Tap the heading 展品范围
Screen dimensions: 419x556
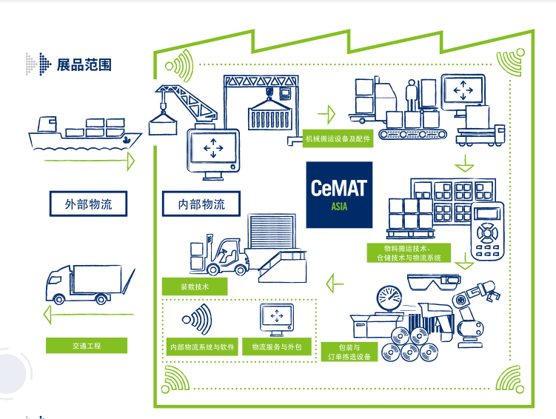click(x=84, y=64)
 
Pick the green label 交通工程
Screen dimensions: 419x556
click(x=87, y=345)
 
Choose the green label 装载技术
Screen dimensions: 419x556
click(x=195, y=286)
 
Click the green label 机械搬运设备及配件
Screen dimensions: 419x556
click(x=338, y=138)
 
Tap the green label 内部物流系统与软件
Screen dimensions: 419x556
click(x=203, y=346)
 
